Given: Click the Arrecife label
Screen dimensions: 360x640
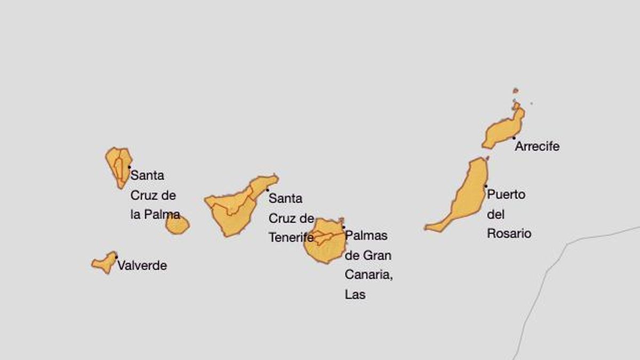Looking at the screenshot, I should point(537,147).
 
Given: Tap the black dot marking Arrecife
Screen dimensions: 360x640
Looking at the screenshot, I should point(514,138).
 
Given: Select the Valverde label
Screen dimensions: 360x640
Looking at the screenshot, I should point(142,266).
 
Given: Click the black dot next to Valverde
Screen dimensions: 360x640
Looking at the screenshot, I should point(116,257).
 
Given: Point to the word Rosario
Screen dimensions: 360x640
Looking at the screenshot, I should point(509,234).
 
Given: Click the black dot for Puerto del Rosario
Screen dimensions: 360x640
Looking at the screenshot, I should point(485,186).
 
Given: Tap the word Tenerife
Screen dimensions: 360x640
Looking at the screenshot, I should point(291,238).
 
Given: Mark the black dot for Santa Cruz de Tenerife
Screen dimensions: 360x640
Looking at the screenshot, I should point(267,190).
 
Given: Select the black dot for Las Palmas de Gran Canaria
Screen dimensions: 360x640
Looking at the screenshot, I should point(343,227).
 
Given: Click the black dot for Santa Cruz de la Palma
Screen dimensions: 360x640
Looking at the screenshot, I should point(129,167).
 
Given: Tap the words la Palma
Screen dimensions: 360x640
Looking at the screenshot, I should point(155,215).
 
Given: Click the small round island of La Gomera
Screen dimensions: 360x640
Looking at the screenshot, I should point(177,225).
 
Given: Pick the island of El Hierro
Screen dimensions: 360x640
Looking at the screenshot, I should point(105,262).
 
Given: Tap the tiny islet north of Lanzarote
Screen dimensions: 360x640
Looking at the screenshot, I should point(516,91).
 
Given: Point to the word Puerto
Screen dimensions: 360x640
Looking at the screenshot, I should point(506,195).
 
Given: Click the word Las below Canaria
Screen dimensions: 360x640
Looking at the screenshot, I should point(355,294).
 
